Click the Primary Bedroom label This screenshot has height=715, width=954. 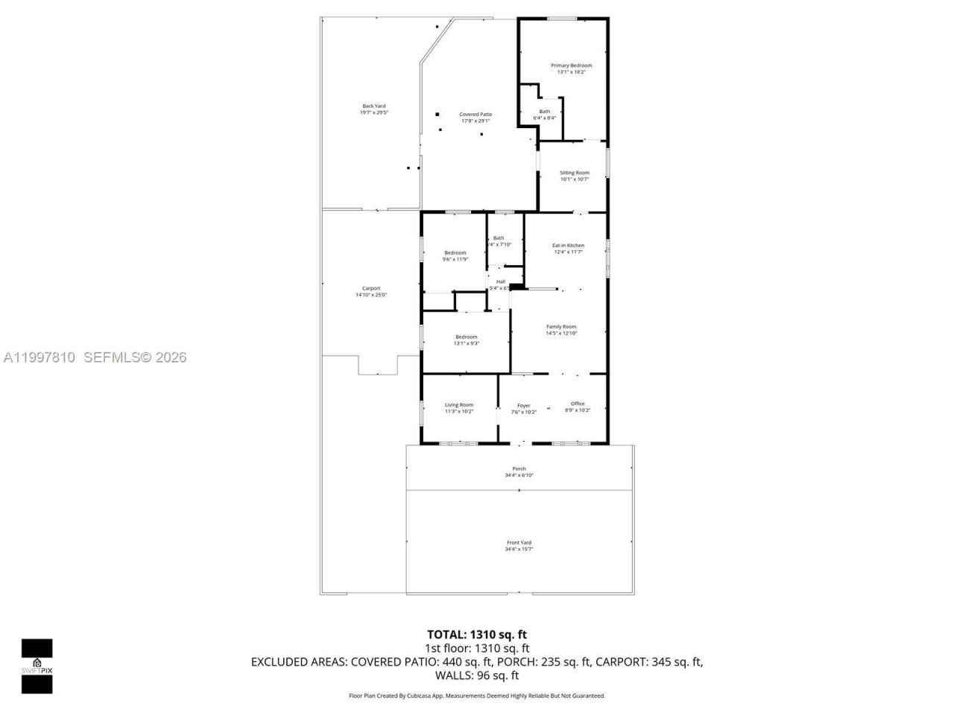pyautogui.click(x=571, y=66)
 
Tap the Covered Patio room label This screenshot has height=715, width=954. pyautogui.click(x=475, y=115)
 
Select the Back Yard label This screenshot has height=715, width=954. pyautogui.click(x=374, y=106)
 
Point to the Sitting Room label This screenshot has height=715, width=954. pyautogui.click(x=574, y=173)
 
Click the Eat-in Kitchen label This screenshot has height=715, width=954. pyautogui.click(x=568, y=245)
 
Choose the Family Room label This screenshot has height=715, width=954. pyautogui.click(x=561, y=327)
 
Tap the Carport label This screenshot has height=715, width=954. pyautogui.click(x=371, y=288)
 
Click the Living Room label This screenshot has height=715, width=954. pyautogui.click(x=459, y=404)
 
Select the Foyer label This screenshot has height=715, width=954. pyautogui.click(x=524, y=406)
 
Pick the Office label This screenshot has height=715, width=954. pyautogui.click(x=578, y=404)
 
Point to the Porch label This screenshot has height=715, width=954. pyautogui.click(x=519, y=468)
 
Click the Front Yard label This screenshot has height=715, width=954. pyautogui.click(x=519, y=543)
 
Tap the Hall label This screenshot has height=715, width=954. pyautogui.click(x=501, y=282)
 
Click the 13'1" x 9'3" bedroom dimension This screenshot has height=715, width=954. pyautogui.click(x=467, y=343)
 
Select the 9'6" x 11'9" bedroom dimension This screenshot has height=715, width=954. pyautogui.click(x=455, y=259)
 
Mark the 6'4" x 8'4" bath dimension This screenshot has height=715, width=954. pyautogui.click(x=545, y=118)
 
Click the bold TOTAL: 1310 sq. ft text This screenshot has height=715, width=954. pyautogui.click(x=477, y=635)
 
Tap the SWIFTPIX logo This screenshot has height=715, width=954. pyautogui.click(x=37, y=666)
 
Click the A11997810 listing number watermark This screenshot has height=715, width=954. pyautogui.click(x=40, y=357)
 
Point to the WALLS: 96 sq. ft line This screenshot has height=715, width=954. pyautogui.click(x=477, y=676)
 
